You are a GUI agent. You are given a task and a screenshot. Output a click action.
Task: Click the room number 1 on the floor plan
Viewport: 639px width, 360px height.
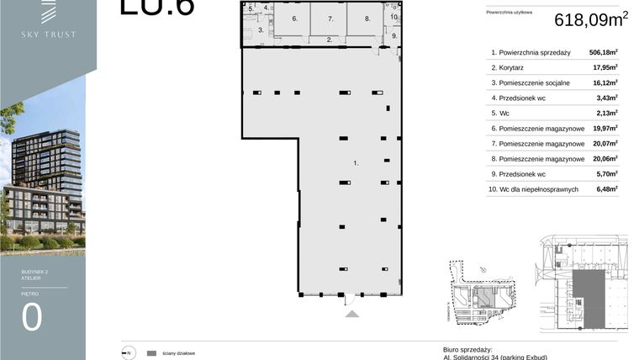[356, 163]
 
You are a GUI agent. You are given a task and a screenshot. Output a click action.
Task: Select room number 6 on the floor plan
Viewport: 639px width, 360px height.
[294, 18]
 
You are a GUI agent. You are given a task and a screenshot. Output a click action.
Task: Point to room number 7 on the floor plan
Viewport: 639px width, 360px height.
[330, 18]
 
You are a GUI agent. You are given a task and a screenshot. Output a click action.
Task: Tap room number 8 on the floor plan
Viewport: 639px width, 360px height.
[367, 18]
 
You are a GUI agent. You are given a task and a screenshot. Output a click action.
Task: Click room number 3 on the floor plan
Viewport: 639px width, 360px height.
[261, 29]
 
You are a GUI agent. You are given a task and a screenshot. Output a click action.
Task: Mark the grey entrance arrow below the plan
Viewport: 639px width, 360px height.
[352, 314]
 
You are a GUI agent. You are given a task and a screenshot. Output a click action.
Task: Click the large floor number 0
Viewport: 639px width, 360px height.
[32, 319]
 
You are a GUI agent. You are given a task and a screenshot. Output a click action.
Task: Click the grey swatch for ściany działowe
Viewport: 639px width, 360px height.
[152, 353]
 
